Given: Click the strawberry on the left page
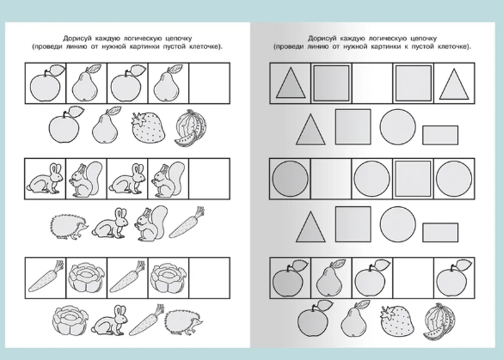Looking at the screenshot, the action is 149,127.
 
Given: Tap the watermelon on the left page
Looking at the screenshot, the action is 191,128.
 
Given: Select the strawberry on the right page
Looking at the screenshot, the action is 396,320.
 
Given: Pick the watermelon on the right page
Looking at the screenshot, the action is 439,321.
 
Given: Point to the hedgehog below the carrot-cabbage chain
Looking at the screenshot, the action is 183,323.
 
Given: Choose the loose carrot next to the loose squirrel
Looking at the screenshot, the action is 187,223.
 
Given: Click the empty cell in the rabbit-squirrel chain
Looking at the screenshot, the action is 210,179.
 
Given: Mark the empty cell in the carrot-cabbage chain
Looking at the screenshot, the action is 210,278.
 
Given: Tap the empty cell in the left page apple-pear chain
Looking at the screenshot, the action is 210,83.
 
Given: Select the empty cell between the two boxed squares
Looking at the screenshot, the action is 372,83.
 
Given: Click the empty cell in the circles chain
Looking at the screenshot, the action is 331,179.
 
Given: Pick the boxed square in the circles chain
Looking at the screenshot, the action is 414,179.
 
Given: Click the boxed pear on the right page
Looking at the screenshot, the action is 330,278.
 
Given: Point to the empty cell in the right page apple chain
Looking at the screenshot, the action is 414,278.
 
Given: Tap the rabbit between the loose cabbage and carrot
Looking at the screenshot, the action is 110,320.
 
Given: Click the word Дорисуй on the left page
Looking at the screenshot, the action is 78,39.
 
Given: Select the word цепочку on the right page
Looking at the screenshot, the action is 422,39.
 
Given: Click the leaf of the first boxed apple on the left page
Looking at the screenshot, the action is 58,70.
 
